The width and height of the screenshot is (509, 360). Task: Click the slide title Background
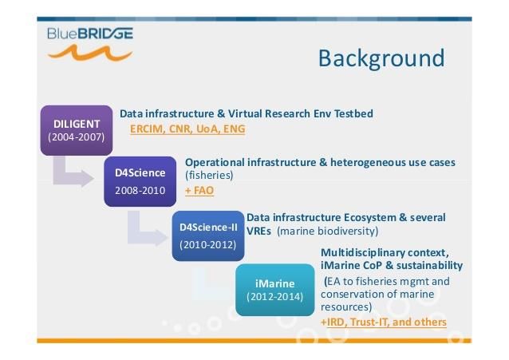pyautogui.click(x=381, y=59)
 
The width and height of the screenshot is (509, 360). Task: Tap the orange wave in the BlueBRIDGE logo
pyautogui.click(x=90, y=53)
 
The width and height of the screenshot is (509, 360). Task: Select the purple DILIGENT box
pyautogui.click(x=77, y=130)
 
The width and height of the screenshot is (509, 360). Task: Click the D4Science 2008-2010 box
pyautogui.click(x=140, y=182)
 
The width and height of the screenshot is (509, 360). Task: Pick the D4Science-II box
pyautogui.click(x=208, y=236)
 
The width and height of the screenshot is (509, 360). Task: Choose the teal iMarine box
pyautogui.click(x=275, y=290)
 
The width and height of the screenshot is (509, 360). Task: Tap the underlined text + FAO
pyautogui.click(x=199, y=191)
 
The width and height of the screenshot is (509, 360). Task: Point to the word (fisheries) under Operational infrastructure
pyautogui.click(x=209, y=175)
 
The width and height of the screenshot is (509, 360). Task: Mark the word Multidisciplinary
pyautogui.click(x=362, y=253)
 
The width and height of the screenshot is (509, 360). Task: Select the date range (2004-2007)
pyautogui.click(x=77, y=137)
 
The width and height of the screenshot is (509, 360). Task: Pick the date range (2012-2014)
pyautogui.click(x=275, y=297)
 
